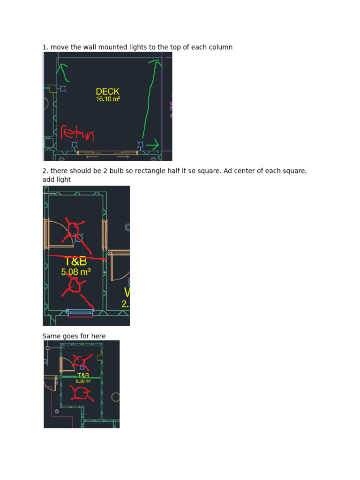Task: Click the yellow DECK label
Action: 107,92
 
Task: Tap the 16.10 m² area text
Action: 108,99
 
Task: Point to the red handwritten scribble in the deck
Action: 77,133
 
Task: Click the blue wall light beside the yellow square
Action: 63,88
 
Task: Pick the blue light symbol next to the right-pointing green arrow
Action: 140,145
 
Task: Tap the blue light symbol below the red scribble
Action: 75,145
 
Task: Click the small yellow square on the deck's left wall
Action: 52,89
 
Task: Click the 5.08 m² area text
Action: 75,271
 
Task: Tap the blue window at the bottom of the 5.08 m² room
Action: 80,311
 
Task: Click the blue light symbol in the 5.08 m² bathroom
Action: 79,237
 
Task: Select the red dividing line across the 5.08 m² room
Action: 77,257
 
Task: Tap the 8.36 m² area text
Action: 83,382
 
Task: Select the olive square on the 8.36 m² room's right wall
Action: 100,358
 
